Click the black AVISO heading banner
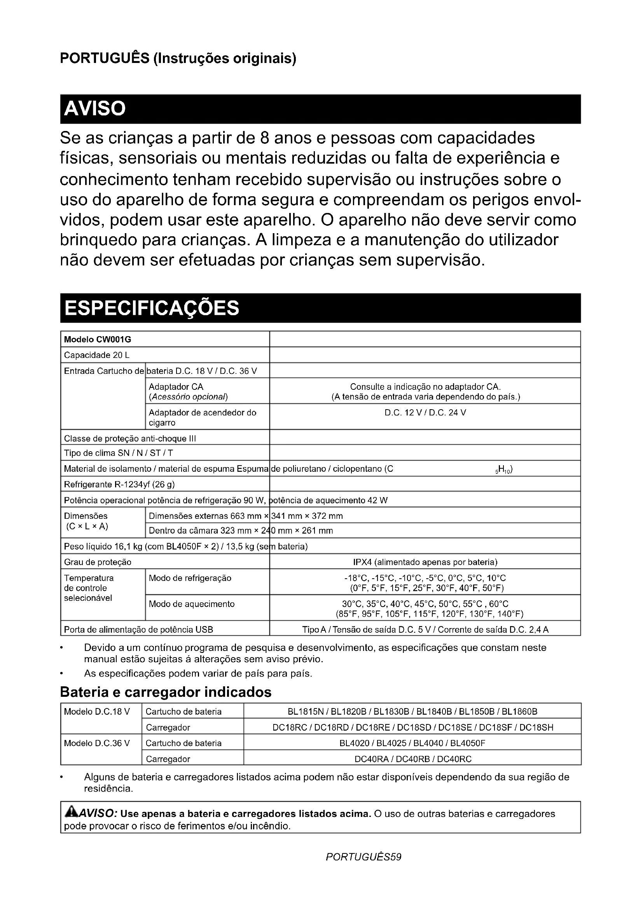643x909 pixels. [320, 109]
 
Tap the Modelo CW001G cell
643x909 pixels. [98, 339]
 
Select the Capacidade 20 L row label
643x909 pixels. [97, 355]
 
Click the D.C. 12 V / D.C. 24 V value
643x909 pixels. [425, 413]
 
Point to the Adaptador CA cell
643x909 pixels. [189, 391]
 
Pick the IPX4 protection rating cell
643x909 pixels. [425, 562]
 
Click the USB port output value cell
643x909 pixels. [425, 630]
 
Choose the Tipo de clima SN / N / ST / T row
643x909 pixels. [119, 453]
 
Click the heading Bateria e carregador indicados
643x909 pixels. [166, 692]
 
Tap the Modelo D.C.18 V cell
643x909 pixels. [97, 712]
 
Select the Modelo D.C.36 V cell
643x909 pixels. [97, 743]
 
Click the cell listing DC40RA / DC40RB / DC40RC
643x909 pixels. [412, 759]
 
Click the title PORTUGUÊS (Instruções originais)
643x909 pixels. [178, 58]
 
